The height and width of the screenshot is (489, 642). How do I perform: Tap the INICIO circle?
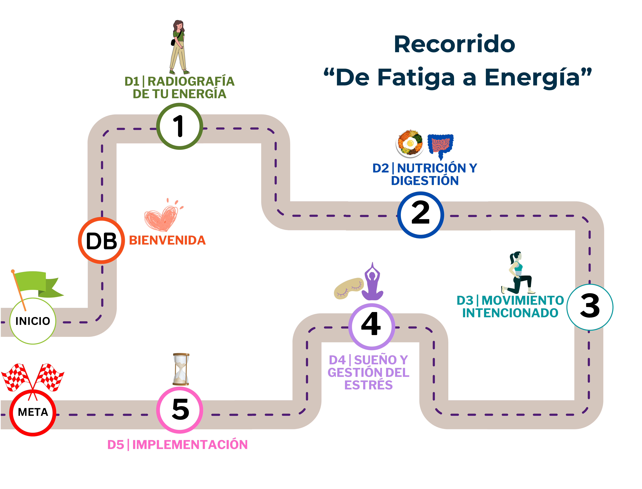(33, 321)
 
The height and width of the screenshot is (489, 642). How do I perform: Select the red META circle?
(33, 412)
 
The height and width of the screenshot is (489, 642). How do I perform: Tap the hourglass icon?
(181, 369)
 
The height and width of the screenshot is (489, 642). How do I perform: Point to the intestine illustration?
(440, 145)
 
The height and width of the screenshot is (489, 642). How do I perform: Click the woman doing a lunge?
(518, 274)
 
